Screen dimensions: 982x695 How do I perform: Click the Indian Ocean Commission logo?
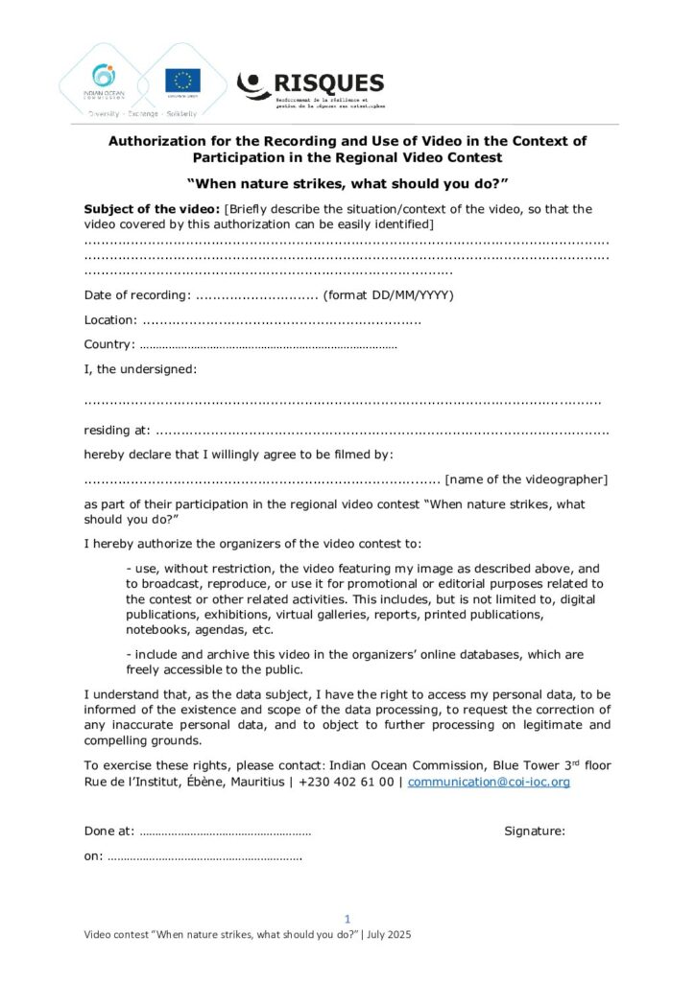pos(104,81)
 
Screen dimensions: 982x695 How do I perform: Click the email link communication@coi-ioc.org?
pos(489,782)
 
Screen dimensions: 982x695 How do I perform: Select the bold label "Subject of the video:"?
pos(152,209)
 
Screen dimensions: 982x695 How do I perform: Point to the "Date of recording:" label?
pos(137,294)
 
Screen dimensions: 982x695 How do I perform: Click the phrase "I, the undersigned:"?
pos(140,368)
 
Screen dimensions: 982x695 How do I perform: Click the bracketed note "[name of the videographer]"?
pos(527,479)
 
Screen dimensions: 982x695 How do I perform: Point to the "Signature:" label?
pos(535,831)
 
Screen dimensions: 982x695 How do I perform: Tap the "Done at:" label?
pos(109,831)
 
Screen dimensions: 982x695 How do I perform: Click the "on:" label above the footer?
pos(94,855)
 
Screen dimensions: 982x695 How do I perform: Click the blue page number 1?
pos(347,919)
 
